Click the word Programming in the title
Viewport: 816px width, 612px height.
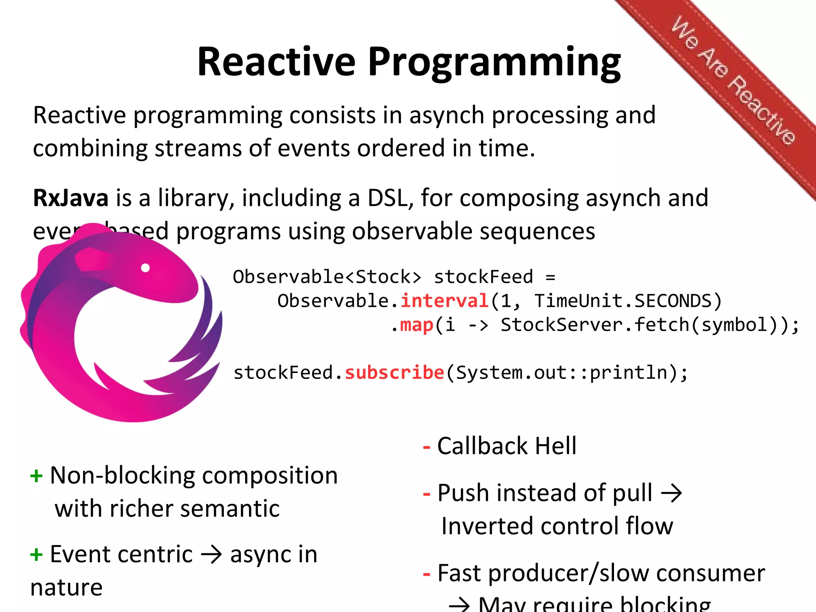(494, 63)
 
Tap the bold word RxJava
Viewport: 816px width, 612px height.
(71, 198)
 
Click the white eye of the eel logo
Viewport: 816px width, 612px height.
(145, 268)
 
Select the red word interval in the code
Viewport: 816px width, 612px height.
(444, 301)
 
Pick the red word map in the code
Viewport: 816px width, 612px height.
(416, 325)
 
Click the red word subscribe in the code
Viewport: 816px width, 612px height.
(394, 373)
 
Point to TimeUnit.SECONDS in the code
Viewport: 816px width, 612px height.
(623, 301)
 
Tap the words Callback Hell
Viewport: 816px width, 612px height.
(506, 446)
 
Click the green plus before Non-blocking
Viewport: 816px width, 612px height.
(36, 476)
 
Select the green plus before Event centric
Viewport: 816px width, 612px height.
(36, 554)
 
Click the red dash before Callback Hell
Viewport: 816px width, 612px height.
(426, 447)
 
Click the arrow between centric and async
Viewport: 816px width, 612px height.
(211, 555)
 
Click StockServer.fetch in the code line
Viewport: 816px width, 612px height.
(594, 325)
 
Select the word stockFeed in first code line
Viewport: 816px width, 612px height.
(483, 277)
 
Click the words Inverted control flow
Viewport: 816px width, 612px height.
(557, 526)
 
